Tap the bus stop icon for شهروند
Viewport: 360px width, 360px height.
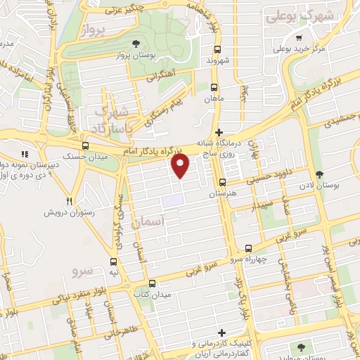[x=217, y=50]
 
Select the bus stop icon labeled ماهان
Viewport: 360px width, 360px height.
[x=214, y=88]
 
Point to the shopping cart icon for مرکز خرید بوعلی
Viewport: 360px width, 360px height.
[x=300, y=39]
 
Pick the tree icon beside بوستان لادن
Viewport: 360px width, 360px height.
[x=319, y=174]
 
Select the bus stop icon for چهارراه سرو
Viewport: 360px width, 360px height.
[x=247, y=248]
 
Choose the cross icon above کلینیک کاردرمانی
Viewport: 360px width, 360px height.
[x=222, y=333]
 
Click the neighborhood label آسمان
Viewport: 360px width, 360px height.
[x=152, y=221]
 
